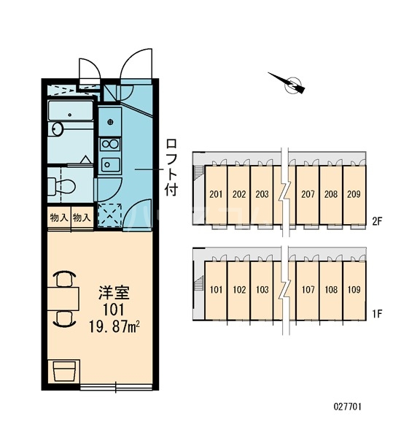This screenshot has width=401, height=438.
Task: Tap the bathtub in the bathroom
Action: coord(70,111)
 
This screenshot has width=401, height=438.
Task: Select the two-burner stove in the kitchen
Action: coord(111,144)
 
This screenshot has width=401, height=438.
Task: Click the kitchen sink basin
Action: coord(111,165)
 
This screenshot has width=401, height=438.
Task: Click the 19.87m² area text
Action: coord(114,326)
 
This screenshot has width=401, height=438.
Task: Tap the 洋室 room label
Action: coord(114,293)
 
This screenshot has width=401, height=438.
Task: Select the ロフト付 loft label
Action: coord(171,167)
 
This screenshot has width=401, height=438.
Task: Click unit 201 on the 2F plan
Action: coord(216,194)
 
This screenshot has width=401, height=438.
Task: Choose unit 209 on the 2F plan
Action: coord(354,194)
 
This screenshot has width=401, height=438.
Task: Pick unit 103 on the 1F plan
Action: coord(262,290)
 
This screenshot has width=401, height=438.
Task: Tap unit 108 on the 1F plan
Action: coord(331,290)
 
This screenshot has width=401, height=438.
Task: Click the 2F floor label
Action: coord(377,221)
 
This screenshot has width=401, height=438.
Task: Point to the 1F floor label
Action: coord(377,314)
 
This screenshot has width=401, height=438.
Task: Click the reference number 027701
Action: coord(348,407)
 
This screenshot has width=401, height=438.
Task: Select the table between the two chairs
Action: coord(63,299)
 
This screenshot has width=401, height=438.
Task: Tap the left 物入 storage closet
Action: coord(59,218)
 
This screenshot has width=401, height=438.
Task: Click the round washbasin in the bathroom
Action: coord(58,129)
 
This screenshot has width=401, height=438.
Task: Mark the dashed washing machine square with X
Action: coord(109,215)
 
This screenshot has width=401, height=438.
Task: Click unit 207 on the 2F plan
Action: coord(308,194)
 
